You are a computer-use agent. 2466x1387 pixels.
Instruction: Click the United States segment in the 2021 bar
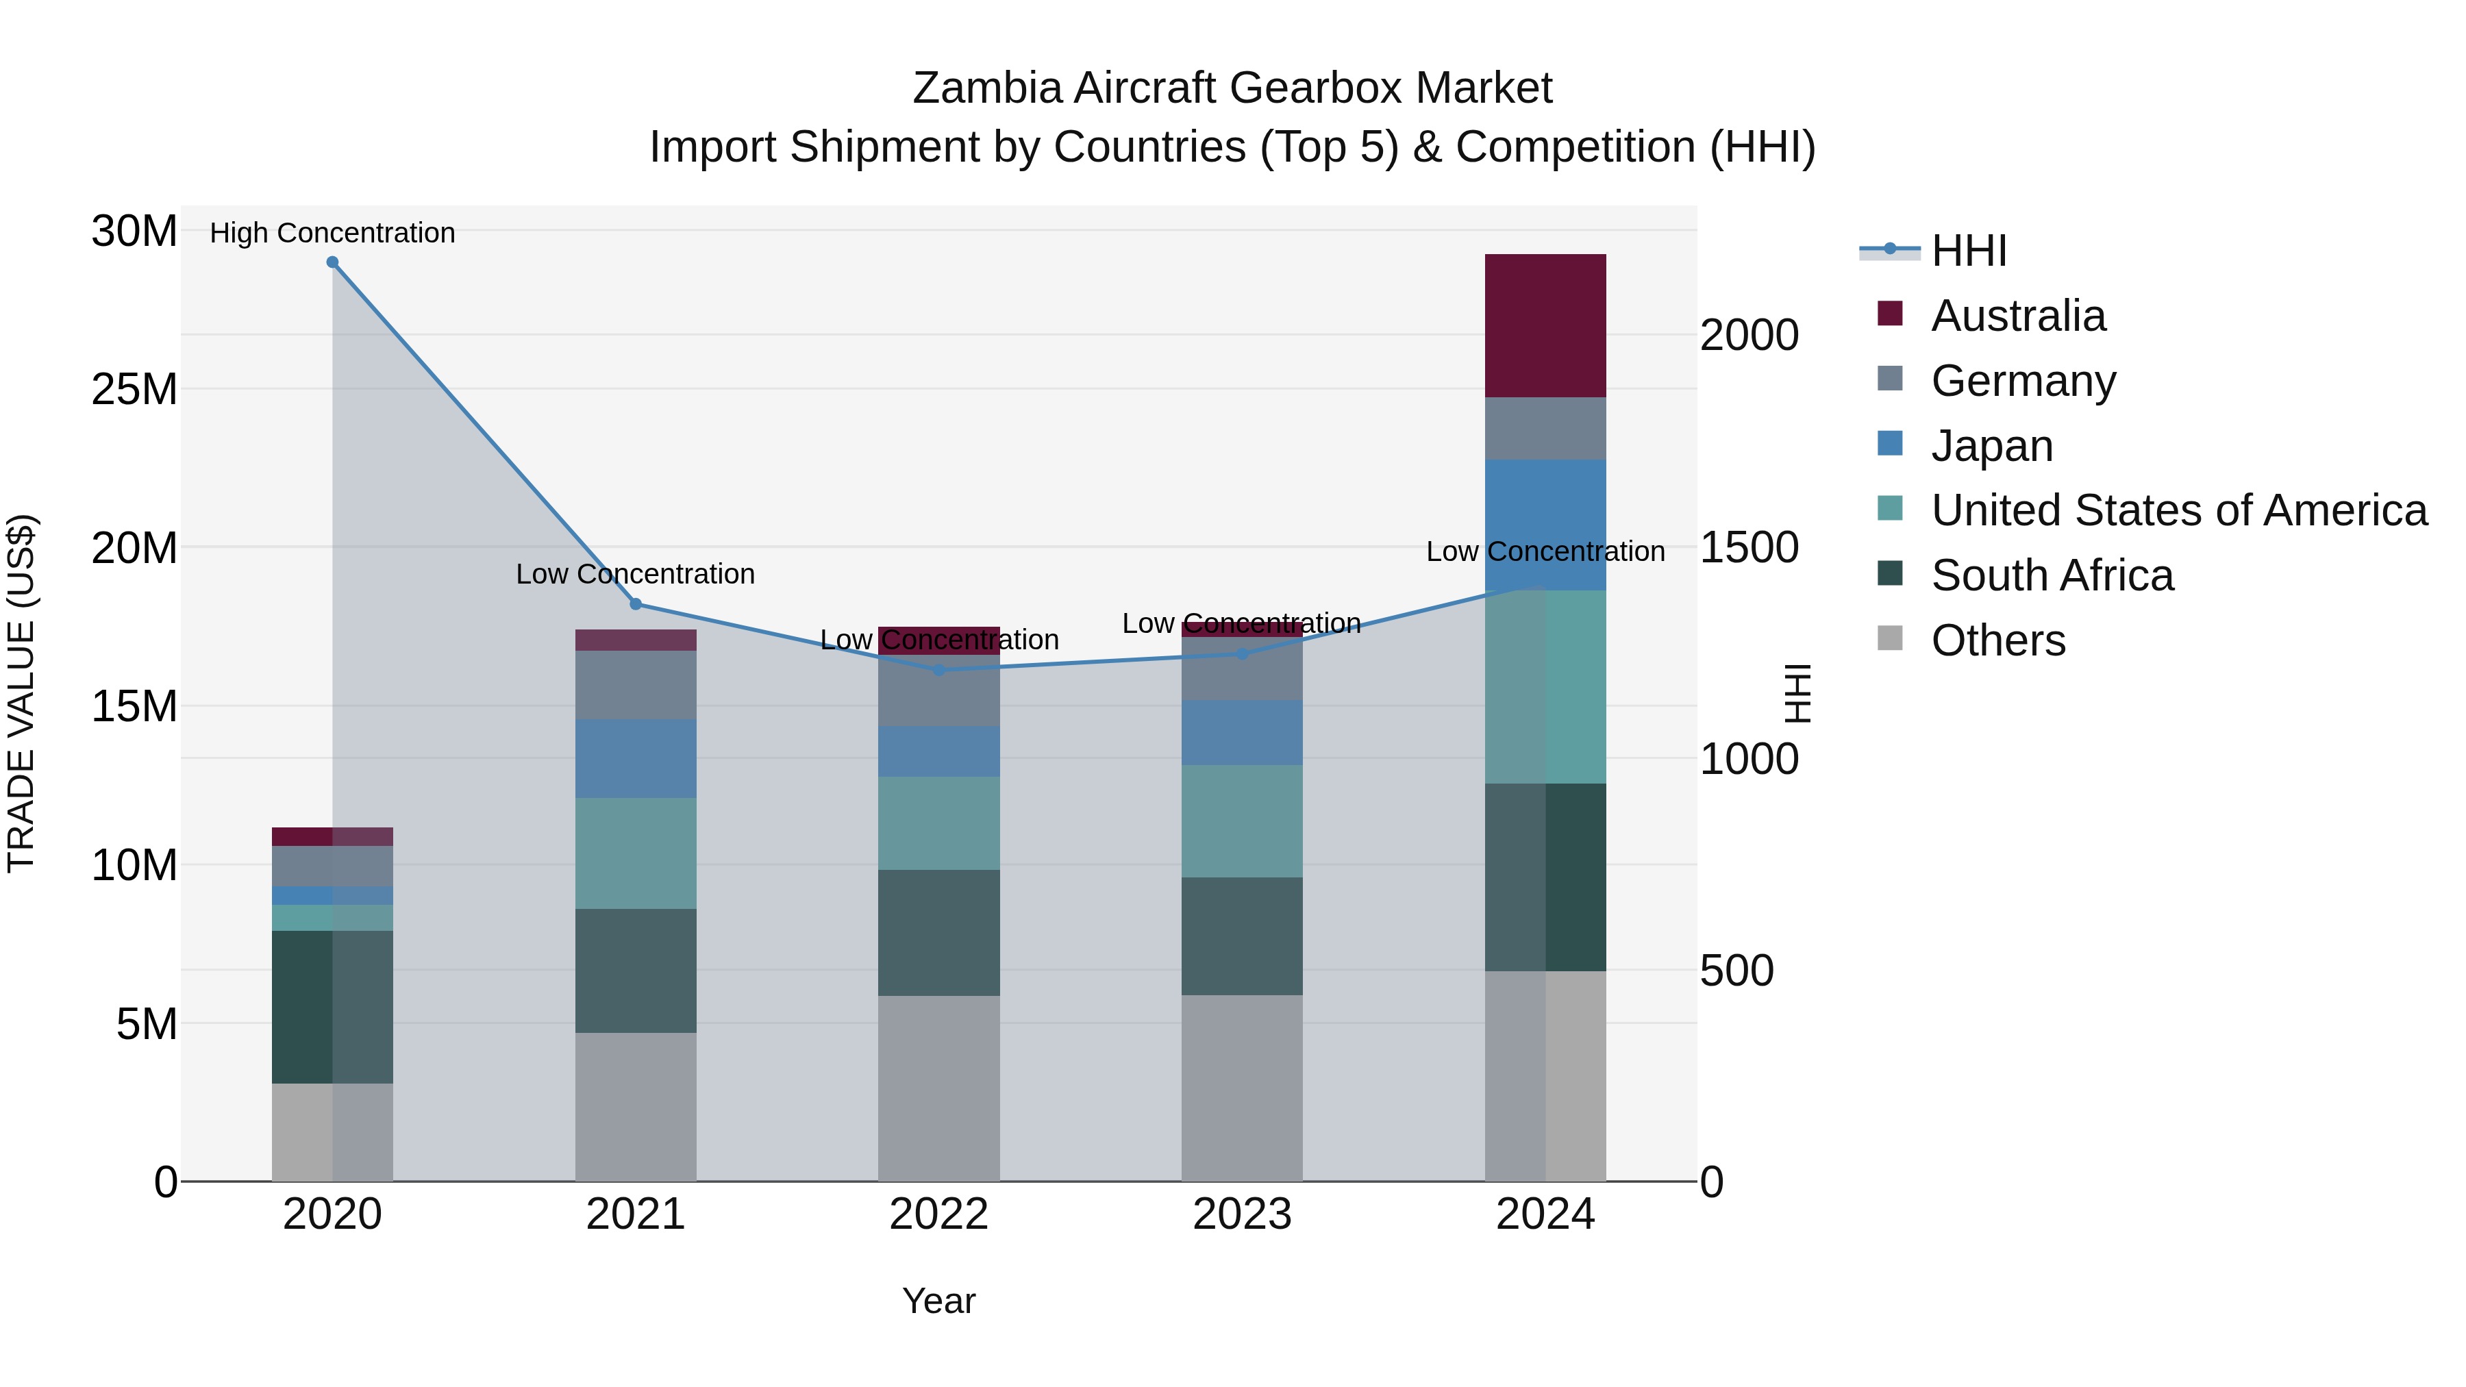point(635,853)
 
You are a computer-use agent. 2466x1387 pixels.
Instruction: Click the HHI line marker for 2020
point(332,262)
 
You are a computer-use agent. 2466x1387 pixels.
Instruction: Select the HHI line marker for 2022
point(938,670)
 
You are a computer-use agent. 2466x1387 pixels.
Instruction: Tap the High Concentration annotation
point(332,233)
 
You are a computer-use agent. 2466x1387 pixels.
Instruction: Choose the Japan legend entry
point(1991,446)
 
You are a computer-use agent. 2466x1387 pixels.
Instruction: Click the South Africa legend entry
point(2052,575)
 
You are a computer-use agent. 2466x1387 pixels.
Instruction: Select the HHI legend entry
point(1967,251)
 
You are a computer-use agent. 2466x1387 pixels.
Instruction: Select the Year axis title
point(938,1301)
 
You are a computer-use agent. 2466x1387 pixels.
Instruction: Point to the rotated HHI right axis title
point(1798,693)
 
